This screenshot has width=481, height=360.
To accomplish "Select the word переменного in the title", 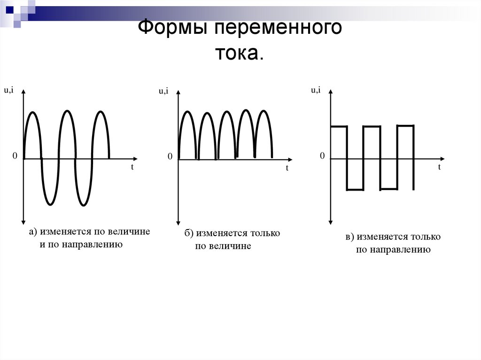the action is [x=278, y=30].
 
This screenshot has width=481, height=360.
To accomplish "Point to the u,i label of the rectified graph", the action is [x=163, y=91].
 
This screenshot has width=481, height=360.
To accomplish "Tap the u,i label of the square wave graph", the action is [x=316, y=90].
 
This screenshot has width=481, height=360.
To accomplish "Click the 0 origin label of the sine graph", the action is [x=15, y=156].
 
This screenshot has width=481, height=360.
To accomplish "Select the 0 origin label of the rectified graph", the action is [x=170, y=156].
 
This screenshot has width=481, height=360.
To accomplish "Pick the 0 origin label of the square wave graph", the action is [x=322, y=156].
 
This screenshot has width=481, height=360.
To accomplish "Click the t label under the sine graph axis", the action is [x=132, y=167].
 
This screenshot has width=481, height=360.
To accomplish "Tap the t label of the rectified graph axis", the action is [x=287, y=168].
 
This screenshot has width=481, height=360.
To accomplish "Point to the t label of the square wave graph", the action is [x=440, y=167].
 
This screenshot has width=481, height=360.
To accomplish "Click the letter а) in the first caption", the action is [x=33, y=231].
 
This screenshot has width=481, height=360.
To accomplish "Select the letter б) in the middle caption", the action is [x=189, y=233].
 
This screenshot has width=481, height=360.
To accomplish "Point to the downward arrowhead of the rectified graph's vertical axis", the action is [x=178, y=222].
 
